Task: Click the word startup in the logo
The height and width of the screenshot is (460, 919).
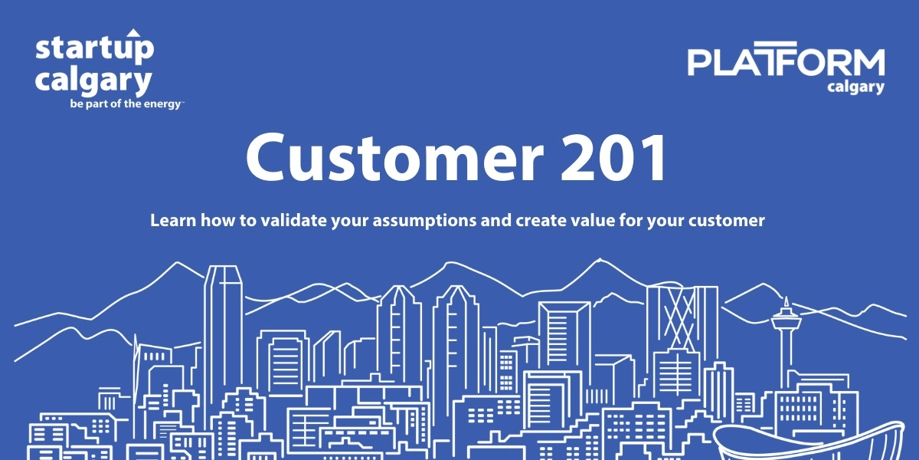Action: click(x=94, y=50)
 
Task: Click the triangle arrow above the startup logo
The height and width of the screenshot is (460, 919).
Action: click(x=133, y=33)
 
